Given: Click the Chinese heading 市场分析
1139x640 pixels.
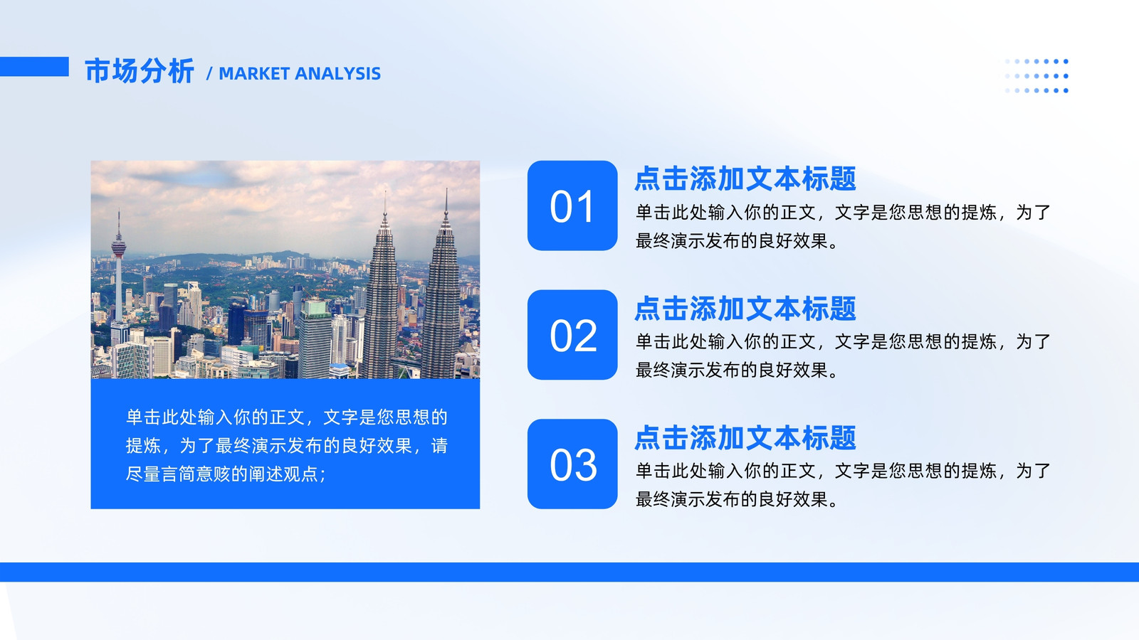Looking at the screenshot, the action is tap(139, 70).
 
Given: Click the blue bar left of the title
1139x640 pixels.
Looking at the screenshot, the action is tap(34, 67).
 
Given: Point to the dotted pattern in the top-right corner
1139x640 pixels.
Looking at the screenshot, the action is tap(1036, 75).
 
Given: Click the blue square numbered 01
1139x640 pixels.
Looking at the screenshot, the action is tap(572, 206).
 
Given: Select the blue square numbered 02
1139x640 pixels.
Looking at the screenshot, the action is tap(572, 335).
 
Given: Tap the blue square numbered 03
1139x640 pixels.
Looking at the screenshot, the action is tap(572, 464).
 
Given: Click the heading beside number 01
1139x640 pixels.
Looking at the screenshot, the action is tap(745, 178).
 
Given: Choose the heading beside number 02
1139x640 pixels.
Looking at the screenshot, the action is tap(745, 309).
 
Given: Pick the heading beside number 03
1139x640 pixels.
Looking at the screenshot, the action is tap(745, 437).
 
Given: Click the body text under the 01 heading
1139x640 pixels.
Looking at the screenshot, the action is tap(843, 227).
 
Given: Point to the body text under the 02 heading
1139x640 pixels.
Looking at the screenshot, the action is tap(843, 356).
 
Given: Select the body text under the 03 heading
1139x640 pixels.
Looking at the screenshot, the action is tap(843, 485).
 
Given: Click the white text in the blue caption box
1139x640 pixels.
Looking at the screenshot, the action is tap(287, 445).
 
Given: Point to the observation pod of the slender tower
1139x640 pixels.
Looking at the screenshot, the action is tap(118, 248).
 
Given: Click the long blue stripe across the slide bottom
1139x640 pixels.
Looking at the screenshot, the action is tap(569, 572).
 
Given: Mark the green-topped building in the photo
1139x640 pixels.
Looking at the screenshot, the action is tap(315, 338).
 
